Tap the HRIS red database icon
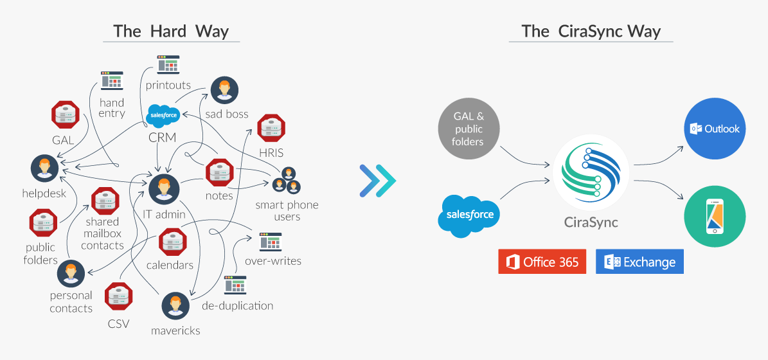pos(271,128)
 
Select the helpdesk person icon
pos(44,168)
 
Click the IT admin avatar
pos(163,188)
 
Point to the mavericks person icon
pos(174,307)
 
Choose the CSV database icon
pos(119,295)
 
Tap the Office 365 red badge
pos(542,262)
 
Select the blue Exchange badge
pos(639,262)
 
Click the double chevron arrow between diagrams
pos(378,180)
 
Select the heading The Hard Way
pos(171,31)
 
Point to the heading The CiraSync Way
pos(591,31)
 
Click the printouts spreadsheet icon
pos(168,65)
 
